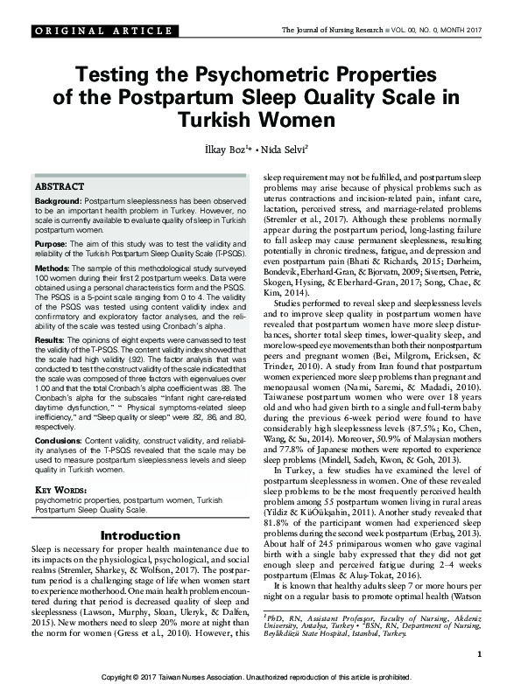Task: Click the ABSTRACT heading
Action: point(60,187)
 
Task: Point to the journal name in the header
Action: point(330,30)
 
